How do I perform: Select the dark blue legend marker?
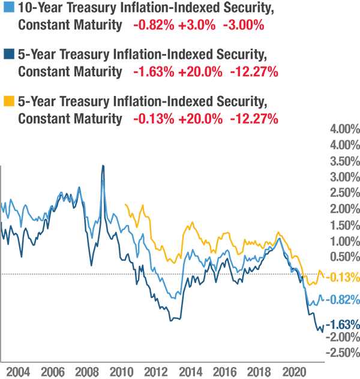5,48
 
